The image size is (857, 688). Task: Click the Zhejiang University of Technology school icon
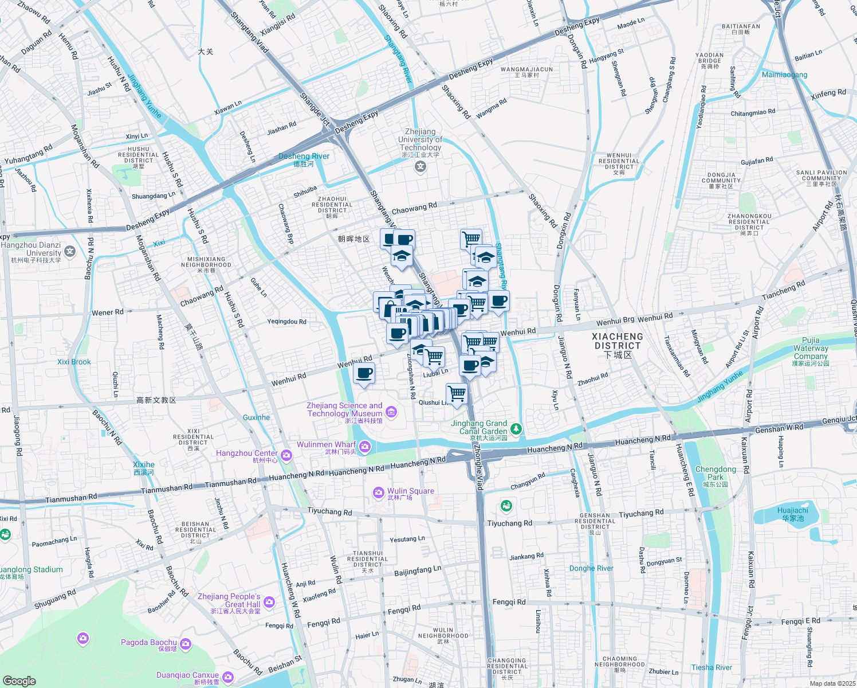pyautogui.click(x=421, y=166)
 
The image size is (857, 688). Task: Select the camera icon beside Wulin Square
pyautogui.click(x=378, y=492)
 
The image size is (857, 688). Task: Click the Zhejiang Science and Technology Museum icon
pyautogui.click(x=391, y=411)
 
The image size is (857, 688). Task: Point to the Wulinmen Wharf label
pyautogui.click(x=326, y=445)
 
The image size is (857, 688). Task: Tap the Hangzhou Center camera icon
pyautogui.click(x=286, y=455)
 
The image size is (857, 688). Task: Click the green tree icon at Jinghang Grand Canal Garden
pyautogui.click(x=516, y=428)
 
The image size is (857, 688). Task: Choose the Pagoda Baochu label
pyautogui.click(x=148, y=643)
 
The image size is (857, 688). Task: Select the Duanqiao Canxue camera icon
pyautogui.click(x=227, y=677)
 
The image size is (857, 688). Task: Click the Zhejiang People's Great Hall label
pyautogui.click(x=229, y=600)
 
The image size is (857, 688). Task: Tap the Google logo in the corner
pyautogui.click(x=19, y=681)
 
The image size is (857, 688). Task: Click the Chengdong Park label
pyautogui.click(x=716, y=473)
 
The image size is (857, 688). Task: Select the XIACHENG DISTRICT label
pyautogui.click(x=617, y=342)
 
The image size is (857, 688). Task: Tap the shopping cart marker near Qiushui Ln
pyautogui.click(x=457, y=394)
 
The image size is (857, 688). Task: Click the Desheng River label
pyautogui.click(x=304, y=157)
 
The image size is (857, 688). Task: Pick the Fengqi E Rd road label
pyautogui.click(x=800, y=621)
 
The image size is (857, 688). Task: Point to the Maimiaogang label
pyautogui.click(x=784, y=75)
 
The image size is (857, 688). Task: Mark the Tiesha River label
pyautogui.click(x=711, y=667)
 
